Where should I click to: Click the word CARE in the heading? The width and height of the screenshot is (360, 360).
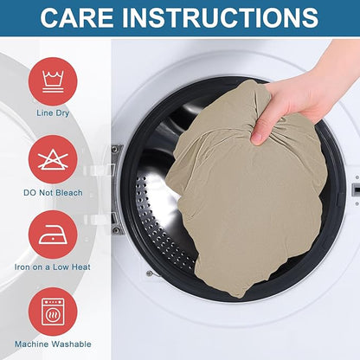[x=77, y=17]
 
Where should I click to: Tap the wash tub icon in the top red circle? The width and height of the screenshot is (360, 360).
[x=53, y=81]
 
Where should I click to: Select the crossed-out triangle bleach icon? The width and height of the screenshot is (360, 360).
[x=53, y=159]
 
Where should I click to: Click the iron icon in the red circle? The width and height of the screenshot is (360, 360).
[x=53, y=235]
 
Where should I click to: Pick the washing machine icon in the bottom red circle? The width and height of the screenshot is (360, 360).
[x=53, y=312]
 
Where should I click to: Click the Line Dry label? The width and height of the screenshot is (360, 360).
[x=53, y=113]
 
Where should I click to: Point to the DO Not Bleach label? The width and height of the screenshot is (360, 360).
[x=53, y=193]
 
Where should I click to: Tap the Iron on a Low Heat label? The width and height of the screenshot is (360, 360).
[x=53, y=267]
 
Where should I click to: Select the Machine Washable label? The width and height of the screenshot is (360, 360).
[x=53, y=344]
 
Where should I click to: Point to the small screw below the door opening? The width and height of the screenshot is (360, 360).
[x=149, y=273]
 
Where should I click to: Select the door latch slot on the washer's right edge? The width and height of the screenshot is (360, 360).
[x=357, y=190]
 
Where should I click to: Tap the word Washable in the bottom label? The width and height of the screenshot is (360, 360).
[x=72, y=344]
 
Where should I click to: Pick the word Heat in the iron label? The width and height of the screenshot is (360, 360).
[x=81, y=267]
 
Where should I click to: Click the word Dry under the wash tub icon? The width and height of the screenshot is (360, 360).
[x=62, y=113]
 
